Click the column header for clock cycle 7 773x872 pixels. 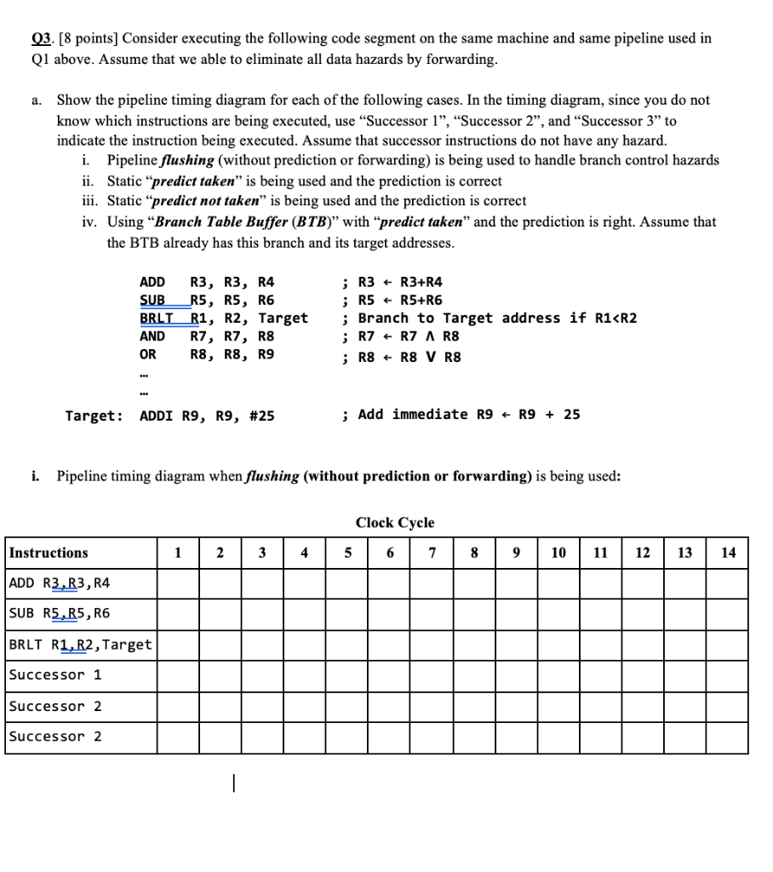pos(432,553)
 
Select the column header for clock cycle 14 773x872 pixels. pos(727,553)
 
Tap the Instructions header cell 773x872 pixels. pos(49,553)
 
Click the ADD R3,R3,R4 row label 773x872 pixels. pos(59,583)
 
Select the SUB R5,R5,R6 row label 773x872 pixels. pos(59,613)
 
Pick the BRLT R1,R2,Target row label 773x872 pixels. pos(80,645)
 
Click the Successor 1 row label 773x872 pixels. pos(55,675)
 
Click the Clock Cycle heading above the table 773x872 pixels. pos(394,523)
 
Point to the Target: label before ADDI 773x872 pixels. pos(94,416)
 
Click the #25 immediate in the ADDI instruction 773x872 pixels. pos(258,416)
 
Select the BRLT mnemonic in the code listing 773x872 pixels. pos(155,318)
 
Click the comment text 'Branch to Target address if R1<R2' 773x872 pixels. pos(496,318)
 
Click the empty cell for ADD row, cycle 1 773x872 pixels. pos(178,583)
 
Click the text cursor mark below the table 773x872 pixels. pos(232,783)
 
